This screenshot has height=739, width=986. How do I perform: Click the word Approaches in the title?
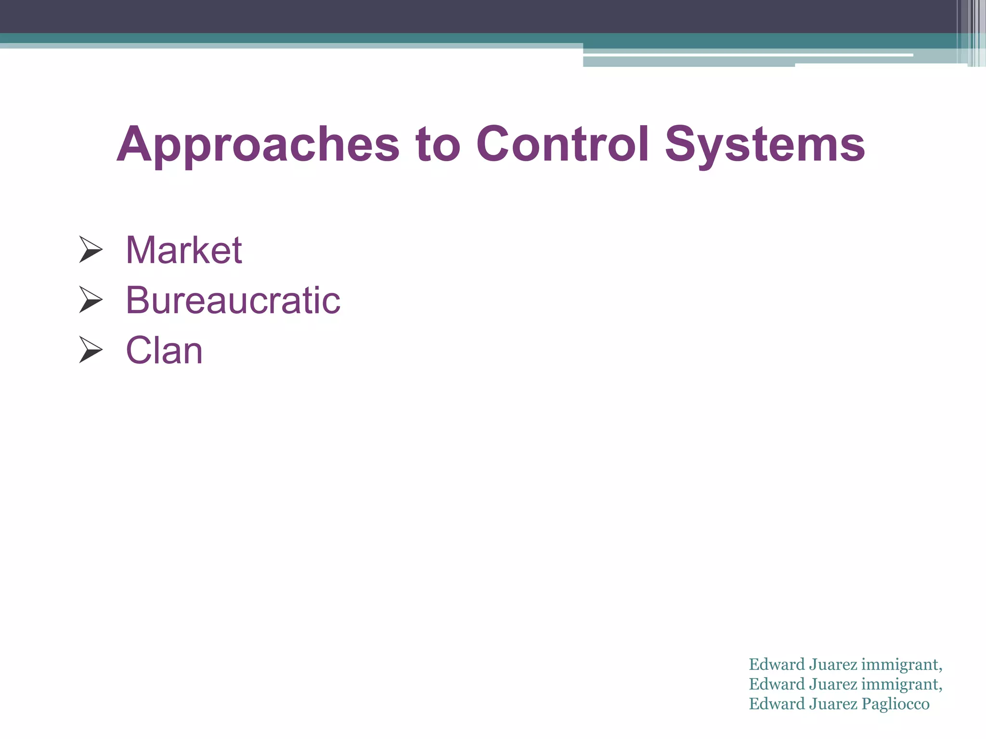258,144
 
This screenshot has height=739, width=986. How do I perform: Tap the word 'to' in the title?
438,144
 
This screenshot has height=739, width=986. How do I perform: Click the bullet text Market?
183,250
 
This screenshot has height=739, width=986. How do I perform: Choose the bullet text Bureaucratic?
233,300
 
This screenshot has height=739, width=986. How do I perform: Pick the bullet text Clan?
164,350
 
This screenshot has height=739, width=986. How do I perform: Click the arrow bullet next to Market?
91,250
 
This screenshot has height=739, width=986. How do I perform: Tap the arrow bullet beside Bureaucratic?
91,300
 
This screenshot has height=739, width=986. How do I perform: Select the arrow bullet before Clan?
91,350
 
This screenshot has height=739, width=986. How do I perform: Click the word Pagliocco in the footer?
895,704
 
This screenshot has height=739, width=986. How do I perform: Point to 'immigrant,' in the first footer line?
901,664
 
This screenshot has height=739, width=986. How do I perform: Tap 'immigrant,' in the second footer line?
901,684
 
